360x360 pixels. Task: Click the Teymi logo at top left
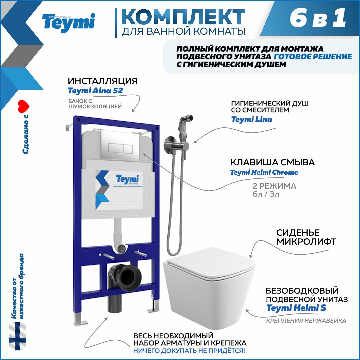click(x=68, y=23)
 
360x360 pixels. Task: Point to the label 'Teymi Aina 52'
click(x=95, y=91)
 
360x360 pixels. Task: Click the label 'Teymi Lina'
click(x=252, y=119)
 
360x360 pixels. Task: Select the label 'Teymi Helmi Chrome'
click(x=264, y=172)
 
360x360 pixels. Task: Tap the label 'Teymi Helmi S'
click(x=296, y=308)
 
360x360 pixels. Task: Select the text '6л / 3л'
click(x=266, y=194)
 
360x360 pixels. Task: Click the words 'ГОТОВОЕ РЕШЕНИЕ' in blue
click(x=313, y=56)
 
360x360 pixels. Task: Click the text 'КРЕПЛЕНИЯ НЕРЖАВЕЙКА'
click(x=306, y=321)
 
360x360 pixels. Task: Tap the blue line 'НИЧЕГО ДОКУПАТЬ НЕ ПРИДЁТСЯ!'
click(x=189, y=350)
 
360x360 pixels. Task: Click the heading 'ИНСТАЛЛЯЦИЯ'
click(x=103, y=81)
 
